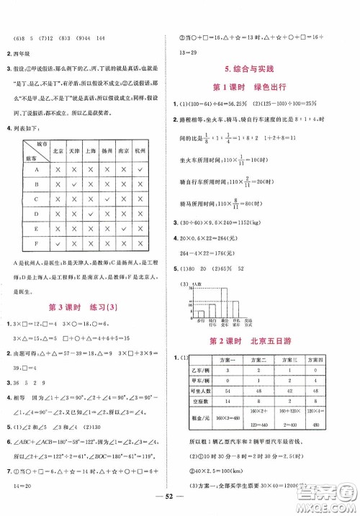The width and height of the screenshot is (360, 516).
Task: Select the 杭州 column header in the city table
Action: click(139, 152)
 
